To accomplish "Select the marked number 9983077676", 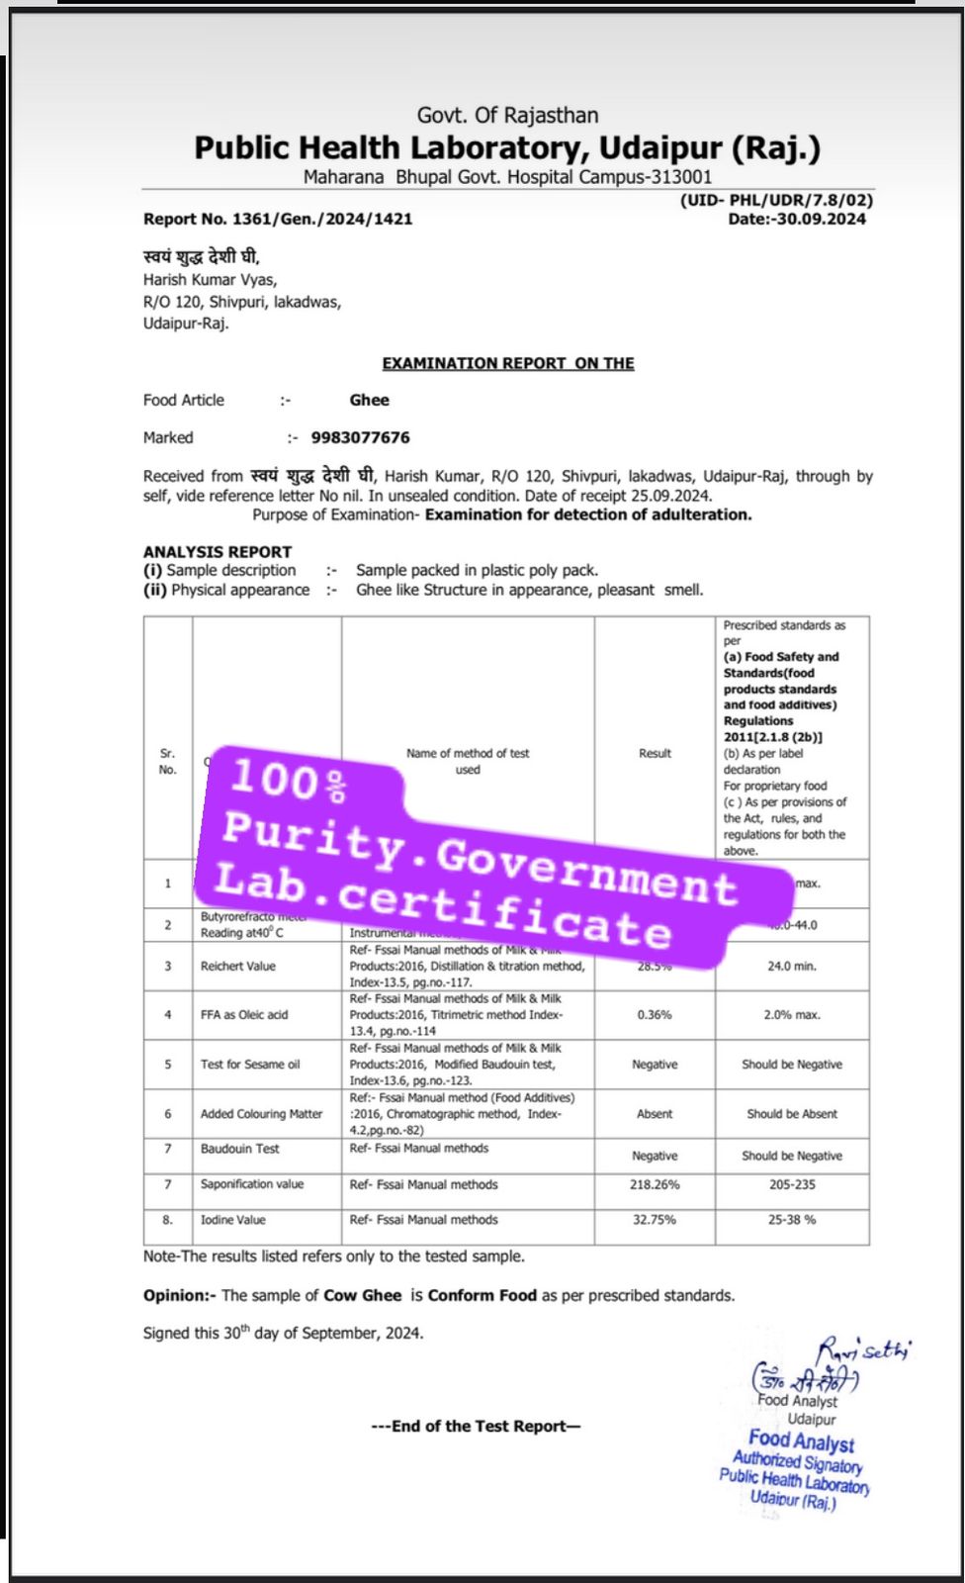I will click(x=360, y=437).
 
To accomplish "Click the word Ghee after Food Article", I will click(x=369, y=400).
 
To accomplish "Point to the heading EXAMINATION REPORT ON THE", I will click(x=508, y=363).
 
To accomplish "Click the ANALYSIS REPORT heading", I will click(x=218, y=551).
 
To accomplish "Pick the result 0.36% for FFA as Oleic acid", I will click(x=655, y=1015).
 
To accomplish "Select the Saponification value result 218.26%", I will click(x=655, y=1184).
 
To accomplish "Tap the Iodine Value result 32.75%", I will click(x=655, y=1220).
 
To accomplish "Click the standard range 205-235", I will click(x=792, y=1184).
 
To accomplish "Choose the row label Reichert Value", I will click(x=238, y=966).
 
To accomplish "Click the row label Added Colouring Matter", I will click(x=262, y=1114).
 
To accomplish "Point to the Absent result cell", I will click(x=655, y=1114).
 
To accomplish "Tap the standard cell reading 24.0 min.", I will click(x=792, y=966).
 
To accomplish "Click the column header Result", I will click(x=655, y=753).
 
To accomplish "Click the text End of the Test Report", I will click(x=476, y=1426).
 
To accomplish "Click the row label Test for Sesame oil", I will click(x=250, y=1065).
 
